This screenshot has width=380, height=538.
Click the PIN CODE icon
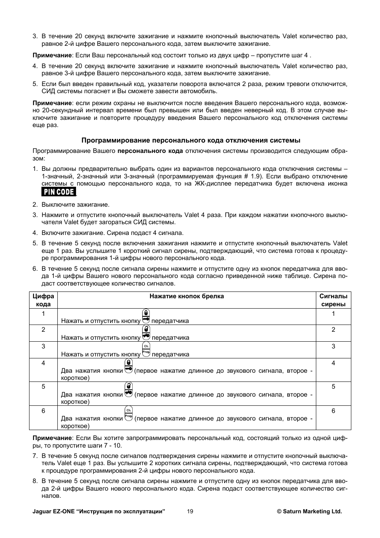pos(59,192)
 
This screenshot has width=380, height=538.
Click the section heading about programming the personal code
pos(191,140)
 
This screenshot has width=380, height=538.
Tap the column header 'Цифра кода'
pos(43,300)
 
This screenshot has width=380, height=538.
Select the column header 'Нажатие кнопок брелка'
pos(186,296)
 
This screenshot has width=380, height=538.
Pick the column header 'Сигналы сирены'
pos(333,300)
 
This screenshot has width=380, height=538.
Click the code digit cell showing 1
pos(43,313)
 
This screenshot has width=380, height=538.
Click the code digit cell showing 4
pos(43,363)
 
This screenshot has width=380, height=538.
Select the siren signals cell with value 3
pos(333,346)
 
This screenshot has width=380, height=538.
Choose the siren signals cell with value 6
pos(333,411)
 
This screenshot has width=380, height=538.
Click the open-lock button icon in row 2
pos(146,333)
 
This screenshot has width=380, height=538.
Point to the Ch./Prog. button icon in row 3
pos(146,349)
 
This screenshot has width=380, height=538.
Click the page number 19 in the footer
pos(190,511)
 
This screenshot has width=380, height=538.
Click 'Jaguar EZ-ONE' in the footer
pos(53,511)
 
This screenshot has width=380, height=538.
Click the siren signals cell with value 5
pos(333,386)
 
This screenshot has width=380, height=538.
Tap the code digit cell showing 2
pos(43,330)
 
